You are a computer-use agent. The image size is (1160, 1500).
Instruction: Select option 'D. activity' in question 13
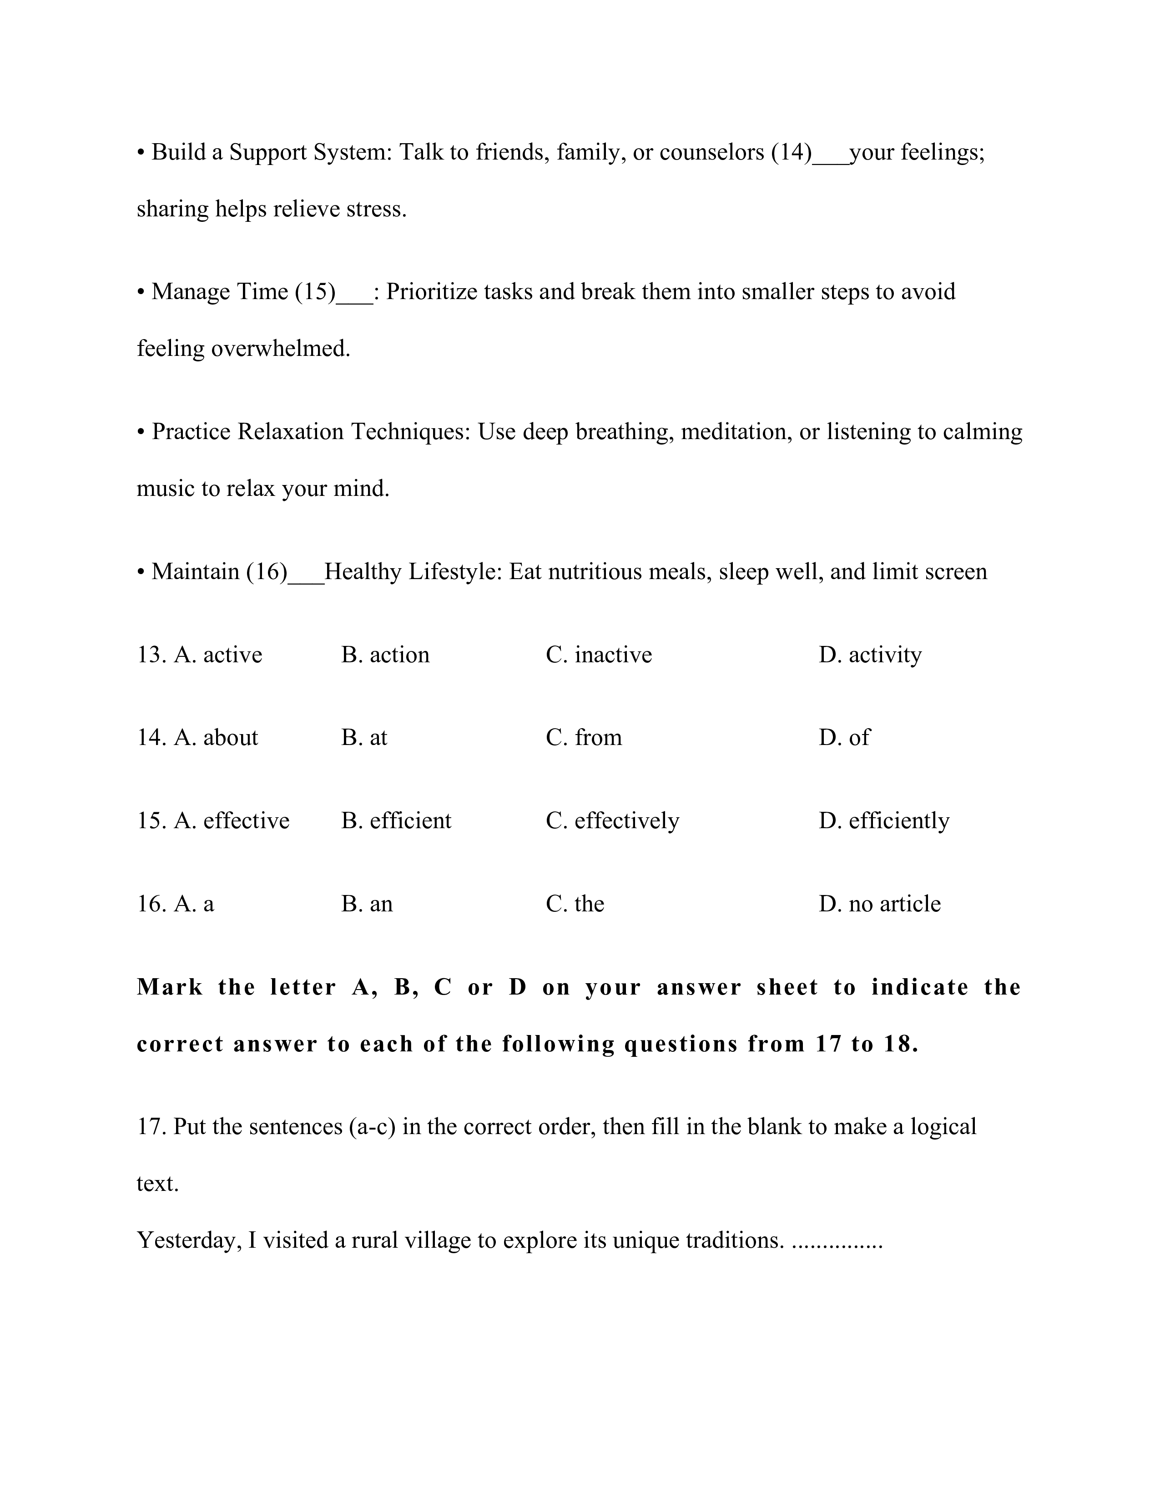tap(870, 655)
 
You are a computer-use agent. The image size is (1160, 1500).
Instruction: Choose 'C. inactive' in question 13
tap(599, 655)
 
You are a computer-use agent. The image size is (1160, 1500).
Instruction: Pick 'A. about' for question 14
tap(216, 738)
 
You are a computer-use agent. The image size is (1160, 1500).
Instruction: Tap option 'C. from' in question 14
tap(584, 738)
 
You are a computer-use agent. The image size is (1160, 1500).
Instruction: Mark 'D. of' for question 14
tap(844, 738)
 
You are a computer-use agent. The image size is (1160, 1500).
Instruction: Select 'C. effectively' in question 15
tap(612, 821)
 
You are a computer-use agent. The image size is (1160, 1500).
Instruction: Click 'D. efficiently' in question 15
tap(884, 821)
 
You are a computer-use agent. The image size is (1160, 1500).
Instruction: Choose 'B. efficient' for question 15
tap(396, 821)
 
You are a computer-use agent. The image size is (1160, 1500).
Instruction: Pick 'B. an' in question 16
tap(367, 904)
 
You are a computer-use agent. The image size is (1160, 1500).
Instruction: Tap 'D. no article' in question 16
tap(880, 904)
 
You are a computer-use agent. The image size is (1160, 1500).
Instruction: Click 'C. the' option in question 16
tap(575, 904)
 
